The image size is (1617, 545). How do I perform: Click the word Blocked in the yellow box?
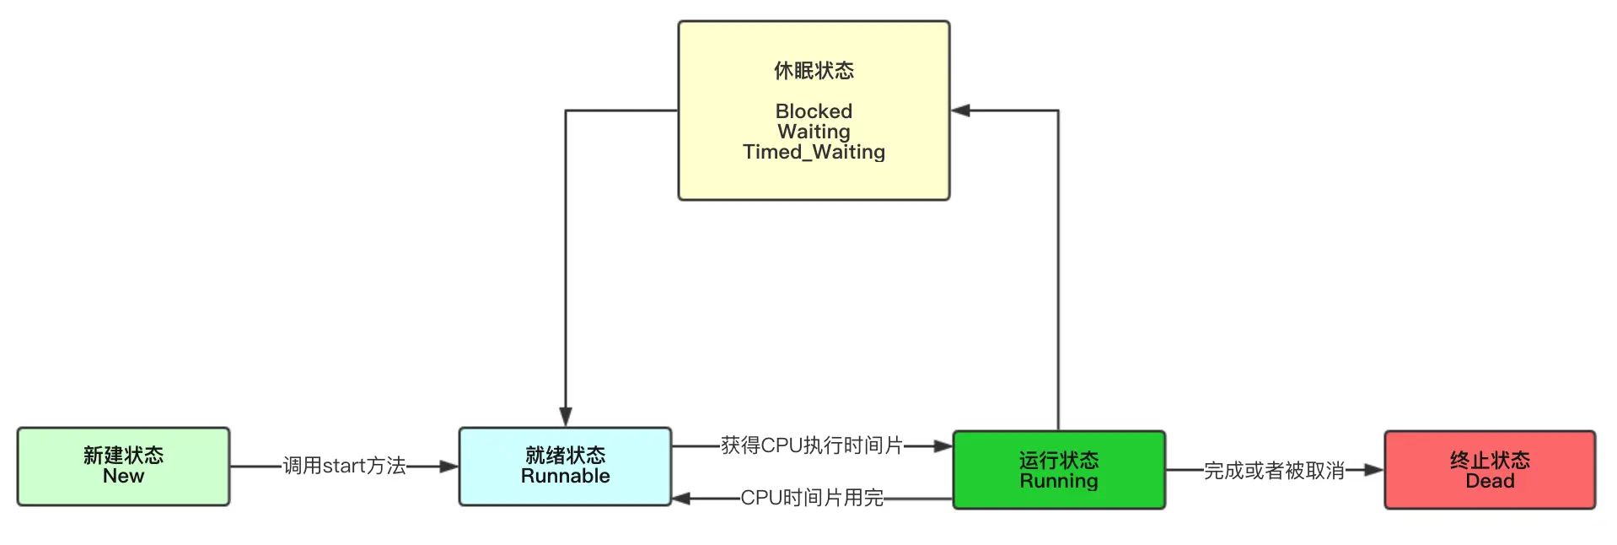814,111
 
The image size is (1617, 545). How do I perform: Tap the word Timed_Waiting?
814,152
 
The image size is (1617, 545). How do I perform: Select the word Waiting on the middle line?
814,132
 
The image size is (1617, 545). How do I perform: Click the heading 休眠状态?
814,71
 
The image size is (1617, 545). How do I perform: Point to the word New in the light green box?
123,476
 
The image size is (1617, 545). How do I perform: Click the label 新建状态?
123,456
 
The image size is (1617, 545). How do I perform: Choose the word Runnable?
565,476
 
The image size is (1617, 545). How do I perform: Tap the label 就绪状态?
565,456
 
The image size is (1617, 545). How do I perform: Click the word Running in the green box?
1059,481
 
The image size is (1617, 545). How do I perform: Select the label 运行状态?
1059,460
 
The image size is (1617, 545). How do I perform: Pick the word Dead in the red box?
1490,481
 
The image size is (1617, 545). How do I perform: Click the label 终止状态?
1490,460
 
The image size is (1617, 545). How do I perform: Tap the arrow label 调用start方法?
344,466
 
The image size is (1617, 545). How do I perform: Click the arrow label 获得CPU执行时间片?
812,445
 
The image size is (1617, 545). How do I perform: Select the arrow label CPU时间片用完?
812,498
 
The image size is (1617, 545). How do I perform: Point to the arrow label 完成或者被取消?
1274,471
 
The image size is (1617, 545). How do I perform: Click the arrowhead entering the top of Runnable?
565,418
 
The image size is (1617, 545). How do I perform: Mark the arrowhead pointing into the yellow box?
961,111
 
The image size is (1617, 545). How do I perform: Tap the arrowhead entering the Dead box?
1374,470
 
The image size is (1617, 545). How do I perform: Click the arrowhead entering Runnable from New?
449,466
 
